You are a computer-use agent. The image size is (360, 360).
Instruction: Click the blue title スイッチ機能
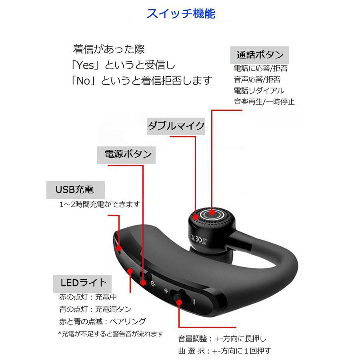180,14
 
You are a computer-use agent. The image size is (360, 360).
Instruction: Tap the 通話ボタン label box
260,55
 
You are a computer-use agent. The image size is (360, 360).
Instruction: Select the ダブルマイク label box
176,126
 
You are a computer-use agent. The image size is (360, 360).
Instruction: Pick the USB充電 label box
75,190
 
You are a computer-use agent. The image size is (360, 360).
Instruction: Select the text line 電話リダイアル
259,90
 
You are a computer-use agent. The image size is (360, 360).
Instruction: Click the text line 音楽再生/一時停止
264,102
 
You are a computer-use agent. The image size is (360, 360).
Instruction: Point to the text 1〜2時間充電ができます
100,204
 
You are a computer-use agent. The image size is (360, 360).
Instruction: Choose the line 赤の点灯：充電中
88,297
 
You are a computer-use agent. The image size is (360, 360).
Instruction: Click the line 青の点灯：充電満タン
95,309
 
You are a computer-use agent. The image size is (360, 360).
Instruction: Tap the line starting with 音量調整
222,339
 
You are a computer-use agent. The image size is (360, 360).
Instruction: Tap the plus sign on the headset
166,291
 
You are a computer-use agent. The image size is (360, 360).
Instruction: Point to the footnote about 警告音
111,334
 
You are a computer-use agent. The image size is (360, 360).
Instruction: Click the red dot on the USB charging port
119,248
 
